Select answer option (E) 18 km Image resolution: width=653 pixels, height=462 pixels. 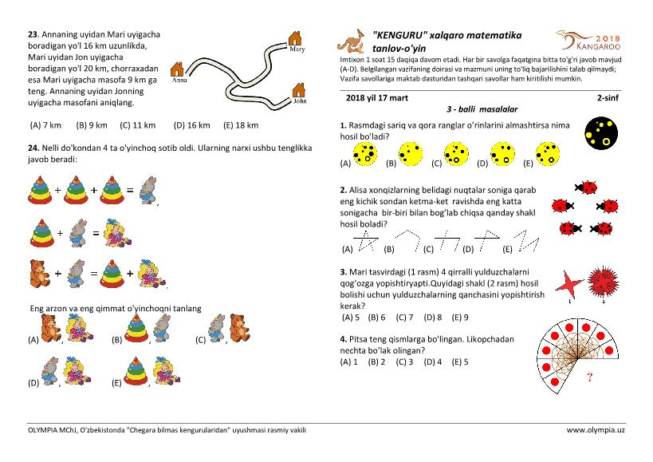pyautogui.click(x=241, y=124)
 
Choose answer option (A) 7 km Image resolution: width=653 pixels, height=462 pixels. pyautogui.click(x=45, y=124)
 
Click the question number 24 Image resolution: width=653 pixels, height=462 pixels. pyautogui.click(x=33, y=148)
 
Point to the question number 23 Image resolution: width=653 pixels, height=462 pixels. pyautogui.click(x=33, y=34)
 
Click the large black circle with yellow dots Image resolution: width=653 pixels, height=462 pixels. pyautogui.click(x=602, y=133)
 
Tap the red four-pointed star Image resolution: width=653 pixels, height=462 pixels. pyautogui.click(x=568, y=282)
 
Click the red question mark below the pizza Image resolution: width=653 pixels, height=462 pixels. pyautogui.click(x=589, y=377)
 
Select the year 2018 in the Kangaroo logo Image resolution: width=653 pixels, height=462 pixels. pyautogui.click(x=607, y=38)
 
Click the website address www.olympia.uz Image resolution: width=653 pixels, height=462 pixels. pyautogui.click(x=596, y=430)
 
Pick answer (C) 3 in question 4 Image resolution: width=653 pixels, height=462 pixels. pyautogui.click(x=405, y=361)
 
